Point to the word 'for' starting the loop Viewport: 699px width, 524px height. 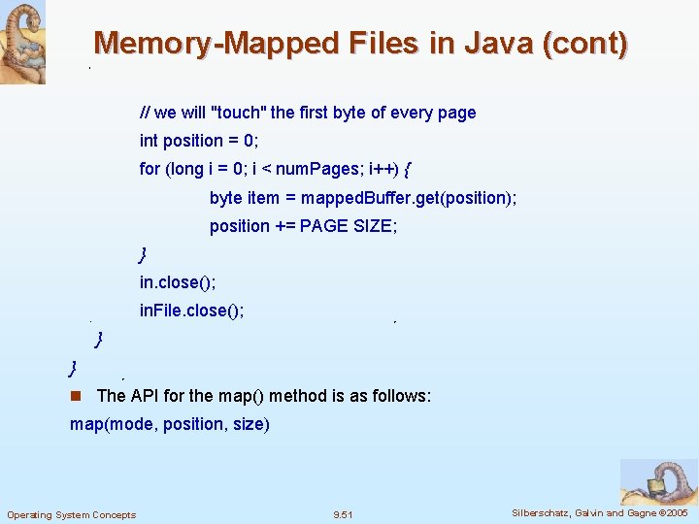click(x=150, y=169)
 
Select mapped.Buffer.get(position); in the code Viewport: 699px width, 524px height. click(x=409, y=198)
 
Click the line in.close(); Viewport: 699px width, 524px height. click(x=178, y=282)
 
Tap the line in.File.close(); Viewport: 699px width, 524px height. click(x=191, y=311)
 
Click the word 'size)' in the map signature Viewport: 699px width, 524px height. click(x=251, y=425)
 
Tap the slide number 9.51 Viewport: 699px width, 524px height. click(x=343, y=514)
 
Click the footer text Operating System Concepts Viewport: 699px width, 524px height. click(x=72, y=514)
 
